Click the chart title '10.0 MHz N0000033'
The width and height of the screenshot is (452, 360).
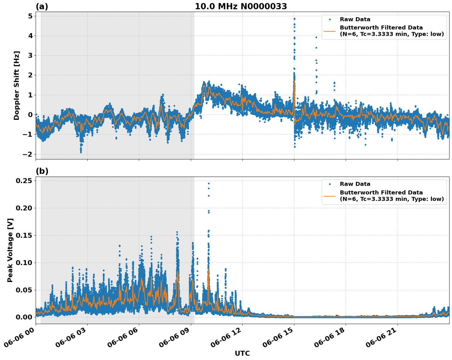pos(241,6)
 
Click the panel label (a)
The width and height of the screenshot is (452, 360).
pos(42,6)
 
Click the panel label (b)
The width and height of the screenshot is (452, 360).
pos(42,171)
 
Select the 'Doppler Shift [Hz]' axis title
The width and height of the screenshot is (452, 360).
pos(17,85)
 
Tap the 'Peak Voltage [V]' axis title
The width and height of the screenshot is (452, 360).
pos(10,250)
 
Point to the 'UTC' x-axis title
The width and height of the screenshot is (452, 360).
pos(242,353)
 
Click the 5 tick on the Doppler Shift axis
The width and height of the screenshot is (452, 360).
pos(30,16)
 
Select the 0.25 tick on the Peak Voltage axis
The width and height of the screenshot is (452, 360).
pos(24,181)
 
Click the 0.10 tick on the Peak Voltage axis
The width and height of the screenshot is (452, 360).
pos(24,263)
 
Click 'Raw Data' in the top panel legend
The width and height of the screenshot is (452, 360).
pos(355,19)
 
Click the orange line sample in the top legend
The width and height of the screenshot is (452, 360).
pos(330,31)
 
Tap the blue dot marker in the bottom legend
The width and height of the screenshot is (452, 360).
pos(330,184)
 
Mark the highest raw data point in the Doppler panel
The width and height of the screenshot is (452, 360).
pos(294,19)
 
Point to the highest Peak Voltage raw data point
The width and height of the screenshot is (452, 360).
pos(209,183)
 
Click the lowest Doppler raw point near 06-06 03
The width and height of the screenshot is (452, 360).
pos(81,152)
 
